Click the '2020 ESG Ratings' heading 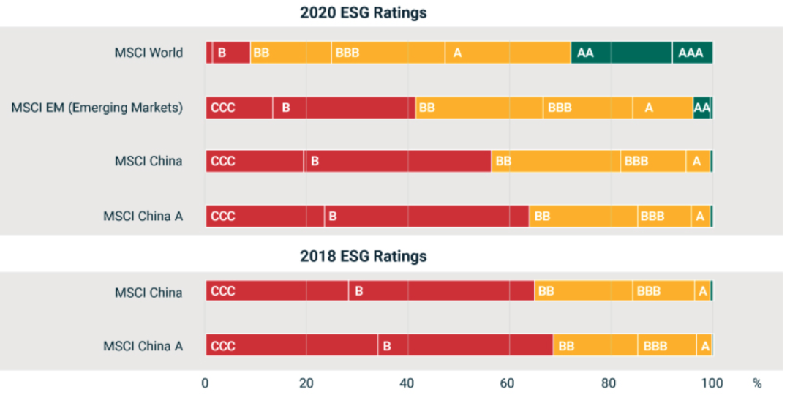point(364,12)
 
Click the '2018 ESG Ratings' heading point(364,256)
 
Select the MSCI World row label point(148,53)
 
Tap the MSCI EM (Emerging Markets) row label point(97,108)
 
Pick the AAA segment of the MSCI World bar point(692,53)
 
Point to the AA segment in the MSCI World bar point(621,53)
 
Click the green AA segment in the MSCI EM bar point(702,108)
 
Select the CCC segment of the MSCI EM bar point(239,108)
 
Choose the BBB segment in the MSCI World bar point(388,53)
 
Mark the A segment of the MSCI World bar point(508,53)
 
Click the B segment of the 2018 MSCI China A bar point(465,345)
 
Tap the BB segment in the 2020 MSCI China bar point(556,161)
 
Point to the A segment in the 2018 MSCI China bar point(702,291)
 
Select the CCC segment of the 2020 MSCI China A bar point(265,217)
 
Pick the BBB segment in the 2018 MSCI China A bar point(666,345)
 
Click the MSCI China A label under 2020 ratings point(143,217)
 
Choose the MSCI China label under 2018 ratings point(148,292)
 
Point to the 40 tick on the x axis point(407,383)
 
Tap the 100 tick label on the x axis point(712,383)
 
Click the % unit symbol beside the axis point(756,383)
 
